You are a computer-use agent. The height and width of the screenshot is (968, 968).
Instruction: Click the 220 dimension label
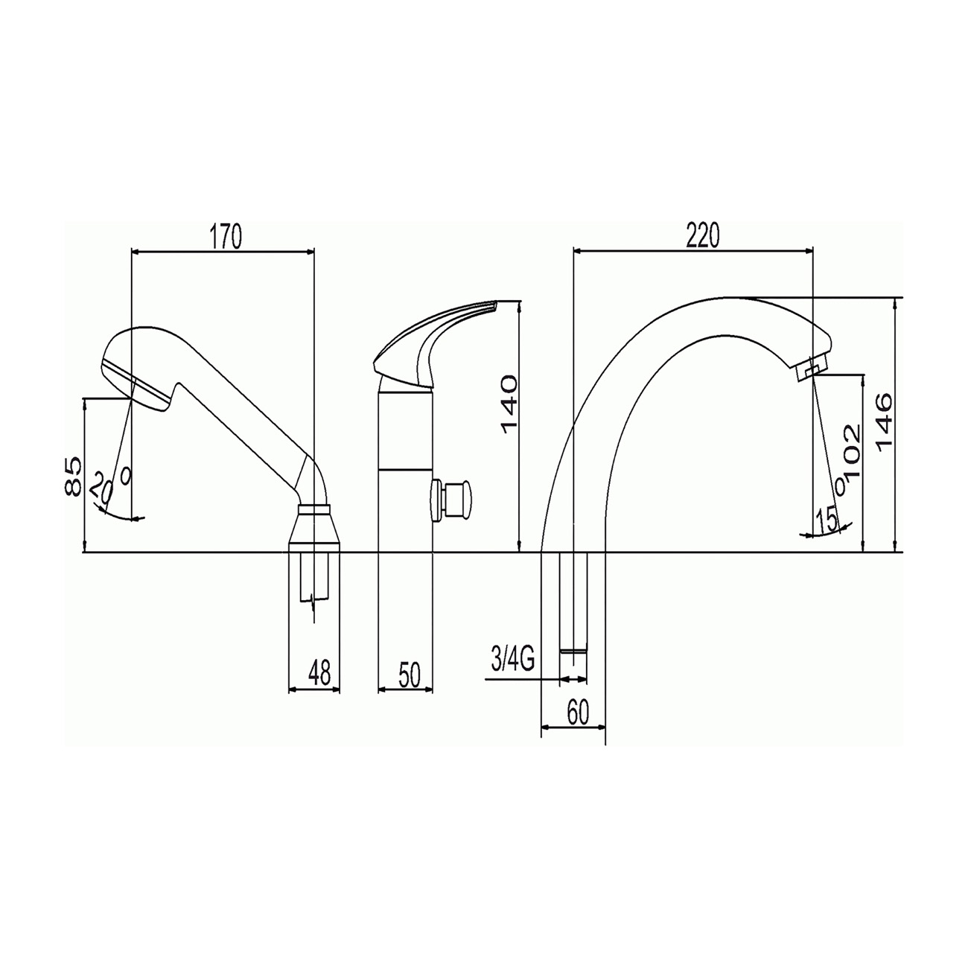point(703,235)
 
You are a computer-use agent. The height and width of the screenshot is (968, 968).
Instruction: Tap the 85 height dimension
point(73,477)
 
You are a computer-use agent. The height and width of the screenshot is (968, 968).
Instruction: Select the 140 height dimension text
point(509,404)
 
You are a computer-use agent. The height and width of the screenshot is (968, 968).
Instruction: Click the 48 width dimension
point(319,672)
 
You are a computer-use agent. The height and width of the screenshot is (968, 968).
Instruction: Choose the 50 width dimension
point(410,675)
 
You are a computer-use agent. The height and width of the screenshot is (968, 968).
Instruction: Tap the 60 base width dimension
point(578,713)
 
